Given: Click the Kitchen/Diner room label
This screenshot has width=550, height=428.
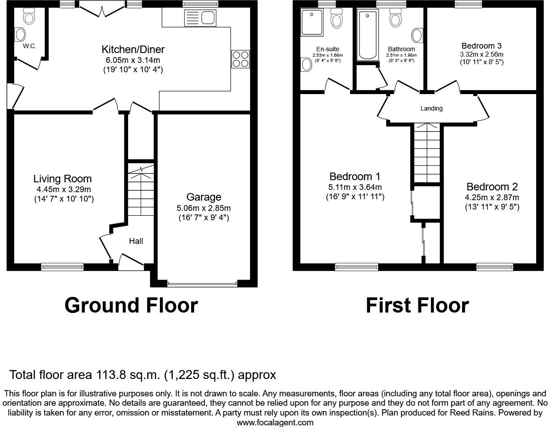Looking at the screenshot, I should [133, 49].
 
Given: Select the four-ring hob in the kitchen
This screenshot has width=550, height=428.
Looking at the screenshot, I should [240, 59].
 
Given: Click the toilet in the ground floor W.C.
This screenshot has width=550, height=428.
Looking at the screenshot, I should [29, 17].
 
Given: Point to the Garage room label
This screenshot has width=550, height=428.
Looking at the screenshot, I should [204, 197].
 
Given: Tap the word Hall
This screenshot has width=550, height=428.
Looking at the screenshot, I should [136, 241].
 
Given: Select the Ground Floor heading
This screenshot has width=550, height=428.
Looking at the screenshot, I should [131, 305].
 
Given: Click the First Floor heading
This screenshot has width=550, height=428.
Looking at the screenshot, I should [417, 305].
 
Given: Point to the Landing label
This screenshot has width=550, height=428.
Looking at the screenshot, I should [431, 108].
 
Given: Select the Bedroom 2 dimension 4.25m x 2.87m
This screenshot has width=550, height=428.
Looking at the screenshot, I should [492, 198].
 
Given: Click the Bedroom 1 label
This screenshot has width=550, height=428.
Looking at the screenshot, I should [354, 177].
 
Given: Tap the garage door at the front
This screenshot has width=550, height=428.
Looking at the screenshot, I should [202, 283].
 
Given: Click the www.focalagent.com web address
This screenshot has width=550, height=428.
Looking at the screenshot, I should [275, 422].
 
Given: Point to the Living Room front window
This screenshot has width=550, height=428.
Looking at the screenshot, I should [62, 267].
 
